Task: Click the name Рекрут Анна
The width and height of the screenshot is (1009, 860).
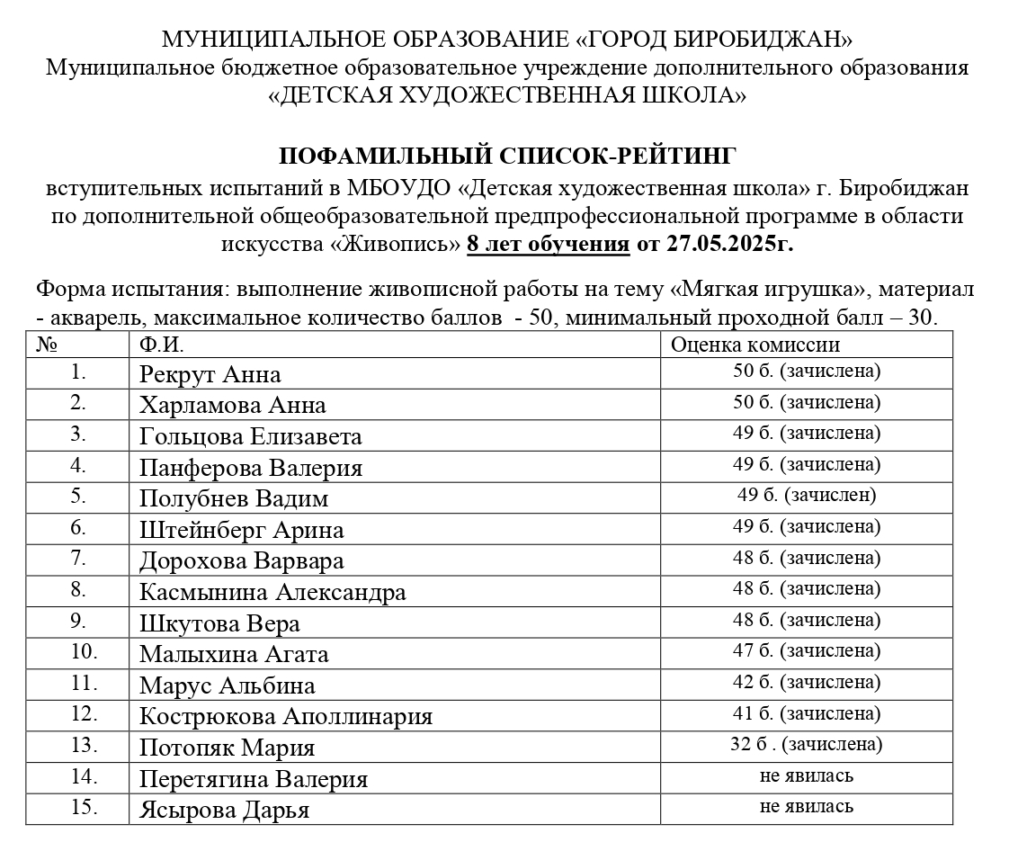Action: [210, 374]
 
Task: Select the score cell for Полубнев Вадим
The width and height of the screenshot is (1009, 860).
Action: [806, 495]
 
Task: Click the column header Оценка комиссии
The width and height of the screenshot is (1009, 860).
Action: [755, 345]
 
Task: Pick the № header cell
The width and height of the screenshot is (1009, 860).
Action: [46, 345]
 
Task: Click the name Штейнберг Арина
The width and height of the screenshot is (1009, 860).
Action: [241, 530]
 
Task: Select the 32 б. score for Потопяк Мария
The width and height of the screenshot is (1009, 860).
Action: [806, 744]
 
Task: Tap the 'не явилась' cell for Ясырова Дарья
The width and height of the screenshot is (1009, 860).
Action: [806, 806]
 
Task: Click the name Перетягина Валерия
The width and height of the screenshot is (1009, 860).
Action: [253, 779]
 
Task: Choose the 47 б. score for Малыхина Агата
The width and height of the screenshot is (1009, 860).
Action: [806, 650]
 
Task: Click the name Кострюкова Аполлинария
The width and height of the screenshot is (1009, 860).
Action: [285, 717]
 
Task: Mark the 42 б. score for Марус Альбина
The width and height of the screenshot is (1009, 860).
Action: [806, 682]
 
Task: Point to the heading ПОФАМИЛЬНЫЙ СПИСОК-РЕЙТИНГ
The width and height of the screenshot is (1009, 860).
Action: [507, 157]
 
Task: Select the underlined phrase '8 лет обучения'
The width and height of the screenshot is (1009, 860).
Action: [548, 244]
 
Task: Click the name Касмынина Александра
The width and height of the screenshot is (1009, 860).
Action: [272, 593]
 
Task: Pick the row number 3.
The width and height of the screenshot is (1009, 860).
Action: [78, 434]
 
